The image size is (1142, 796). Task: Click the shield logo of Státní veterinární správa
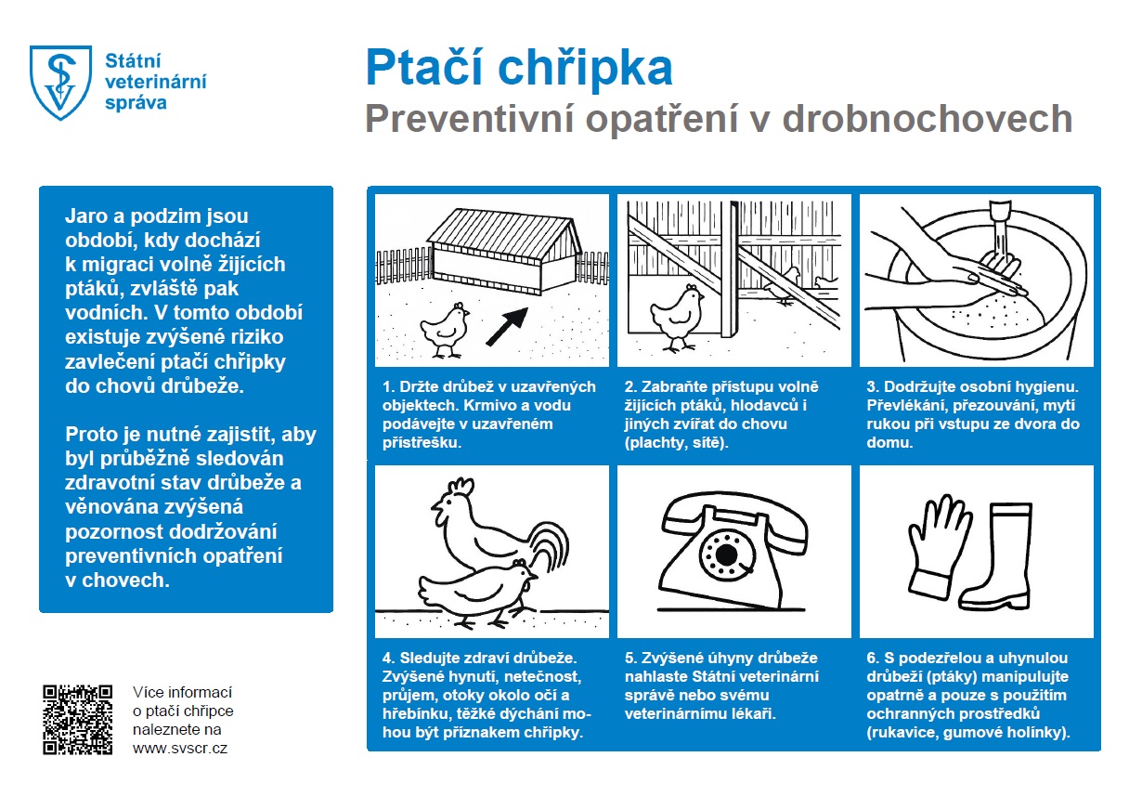pyautogui.click(x=62, y=82)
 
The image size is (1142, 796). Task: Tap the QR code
pyautogui.click(x=78, y=719)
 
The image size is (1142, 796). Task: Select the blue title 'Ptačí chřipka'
pyautogui.click(x=519, y=68)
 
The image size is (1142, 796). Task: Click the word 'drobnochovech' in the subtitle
pyautogui.click(x=928, y=120)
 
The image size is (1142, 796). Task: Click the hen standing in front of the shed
pyautogui.click(x=444, y=329)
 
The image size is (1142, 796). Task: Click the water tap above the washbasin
pyautogui.click(x=1001, y=219)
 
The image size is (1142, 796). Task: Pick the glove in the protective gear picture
pyautogui.click(x=925, y=547)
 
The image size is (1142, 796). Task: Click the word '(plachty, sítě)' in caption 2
pyautogui.click(x=676, y=443)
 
